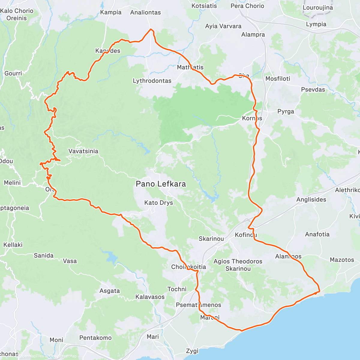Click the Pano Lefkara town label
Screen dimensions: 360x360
tap(161, 184)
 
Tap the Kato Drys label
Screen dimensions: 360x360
tap(158, 203)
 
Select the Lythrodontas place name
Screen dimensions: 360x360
tap(152, 81)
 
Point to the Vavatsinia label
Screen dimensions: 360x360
tap(83, 151)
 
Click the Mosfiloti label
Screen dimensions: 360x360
tap(278, 79)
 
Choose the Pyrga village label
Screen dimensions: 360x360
tap(286, 112)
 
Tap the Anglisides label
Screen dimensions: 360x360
tap(311, 199)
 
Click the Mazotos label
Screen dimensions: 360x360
tap(342, 260)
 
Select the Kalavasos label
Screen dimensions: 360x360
tap(150, 297)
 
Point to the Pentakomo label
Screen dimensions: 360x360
tap(95, 338)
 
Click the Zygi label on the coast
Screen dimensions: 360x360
tap(192, 351)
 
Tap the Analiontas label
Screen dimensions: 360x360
tap(145, 13)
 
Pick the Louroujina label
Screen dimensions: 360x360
tap(318, 8)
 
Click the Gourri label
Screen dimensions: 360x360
tap(13, 73)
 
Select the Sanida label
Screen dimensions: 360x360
tap(44, 256)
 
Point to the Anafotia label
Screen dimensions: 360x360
tap(317, 234)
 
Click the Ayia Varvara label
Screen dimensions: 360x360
tap(223, 26)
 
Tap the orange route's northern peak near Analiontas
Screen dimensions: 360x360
tap(151, 29)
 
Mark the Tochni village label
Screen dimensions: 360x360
tap(177, 289)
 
